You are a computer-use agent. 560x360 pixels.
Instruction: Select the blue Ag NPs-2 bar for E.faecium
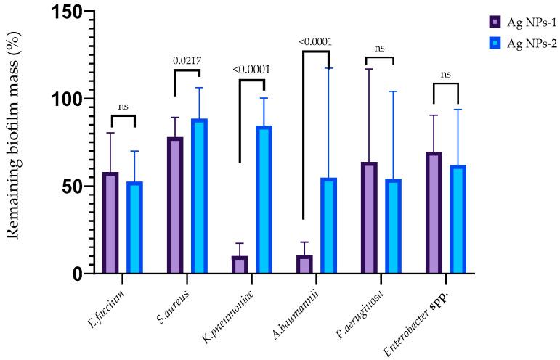tap(134, 228)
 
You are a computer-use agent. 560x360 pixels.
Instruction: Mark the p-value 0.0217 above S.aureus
tap(186, 61)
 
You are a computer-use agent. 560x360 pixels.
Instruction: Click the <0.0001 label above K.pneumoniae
tap(252, 70)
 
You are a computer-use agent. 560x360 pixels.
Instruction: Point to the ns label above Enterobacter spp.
tap(446, 73)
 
